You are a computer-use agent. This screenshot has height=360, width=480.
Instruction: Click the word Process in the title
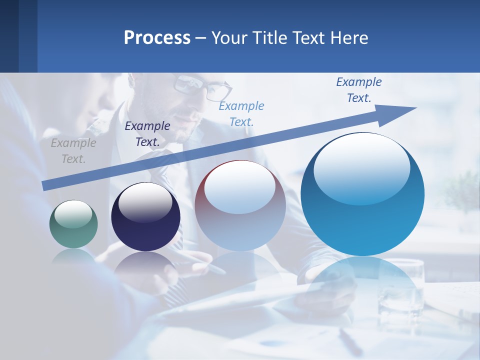pyautogui.click(x=157, y=38)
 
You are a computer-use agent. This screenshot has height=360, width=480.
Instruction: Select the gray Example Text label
pyautogui.click(x=73, y=151)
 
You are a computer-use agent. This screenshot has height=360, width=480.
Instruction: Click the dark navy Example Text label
pyautogui.click(x=147, y=134)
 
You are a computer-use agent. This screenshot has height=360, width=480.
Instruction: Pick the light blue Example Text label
pyautogui.click(x=241, y=113)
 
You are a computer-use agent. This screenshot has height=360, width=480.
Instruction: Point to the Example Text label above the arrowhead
pyautogui.click(x=359, y=90)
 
